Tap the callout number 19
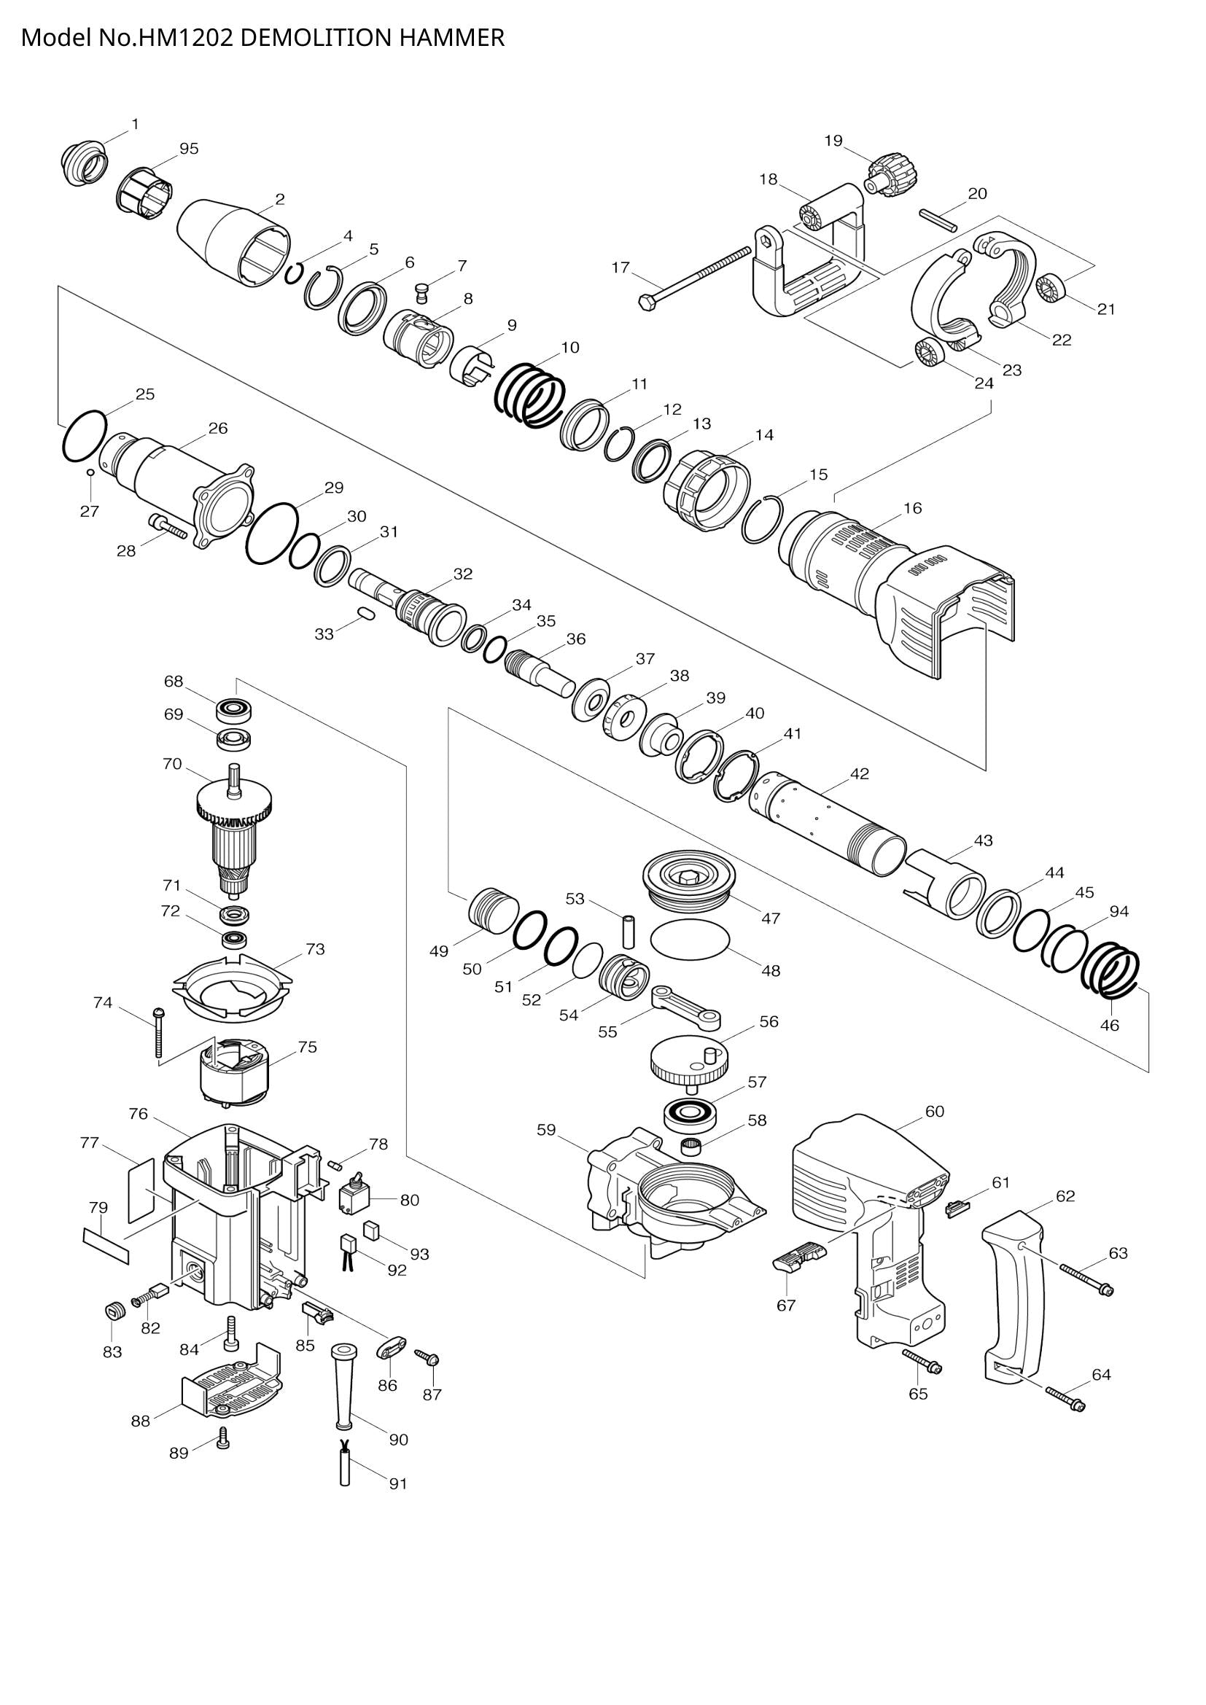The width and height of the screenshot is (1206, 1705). (x=833, y=141)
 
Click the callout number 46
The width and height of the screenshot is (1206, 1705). (x=1109, y=1026)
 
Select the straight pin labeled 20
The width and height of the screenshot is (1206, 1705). (x=938, y=221)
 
